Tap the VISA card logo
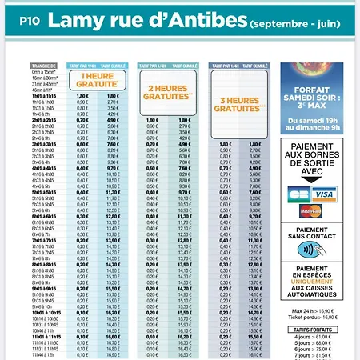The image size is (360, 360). [325, 194]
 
